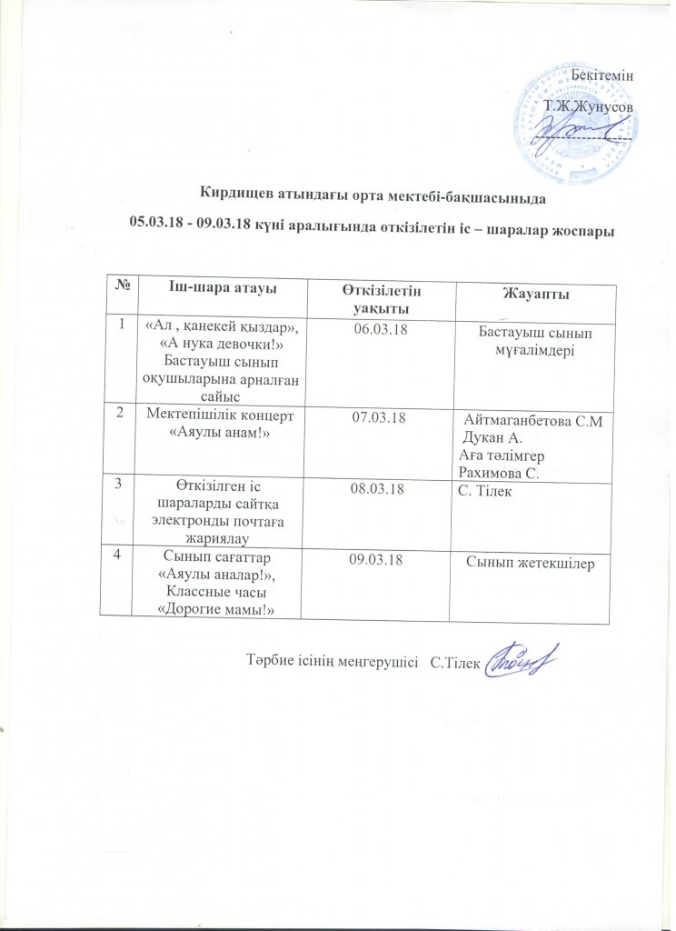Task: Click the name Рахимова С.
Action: pyautogui.click(x=500, y=473)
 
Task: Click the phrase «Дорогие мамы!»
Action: pyautogui.click(x=217, y=607)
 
